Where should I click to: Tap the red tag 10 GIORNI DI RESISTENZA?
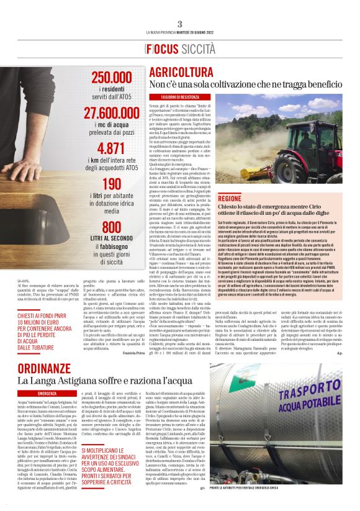point(180,97)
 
